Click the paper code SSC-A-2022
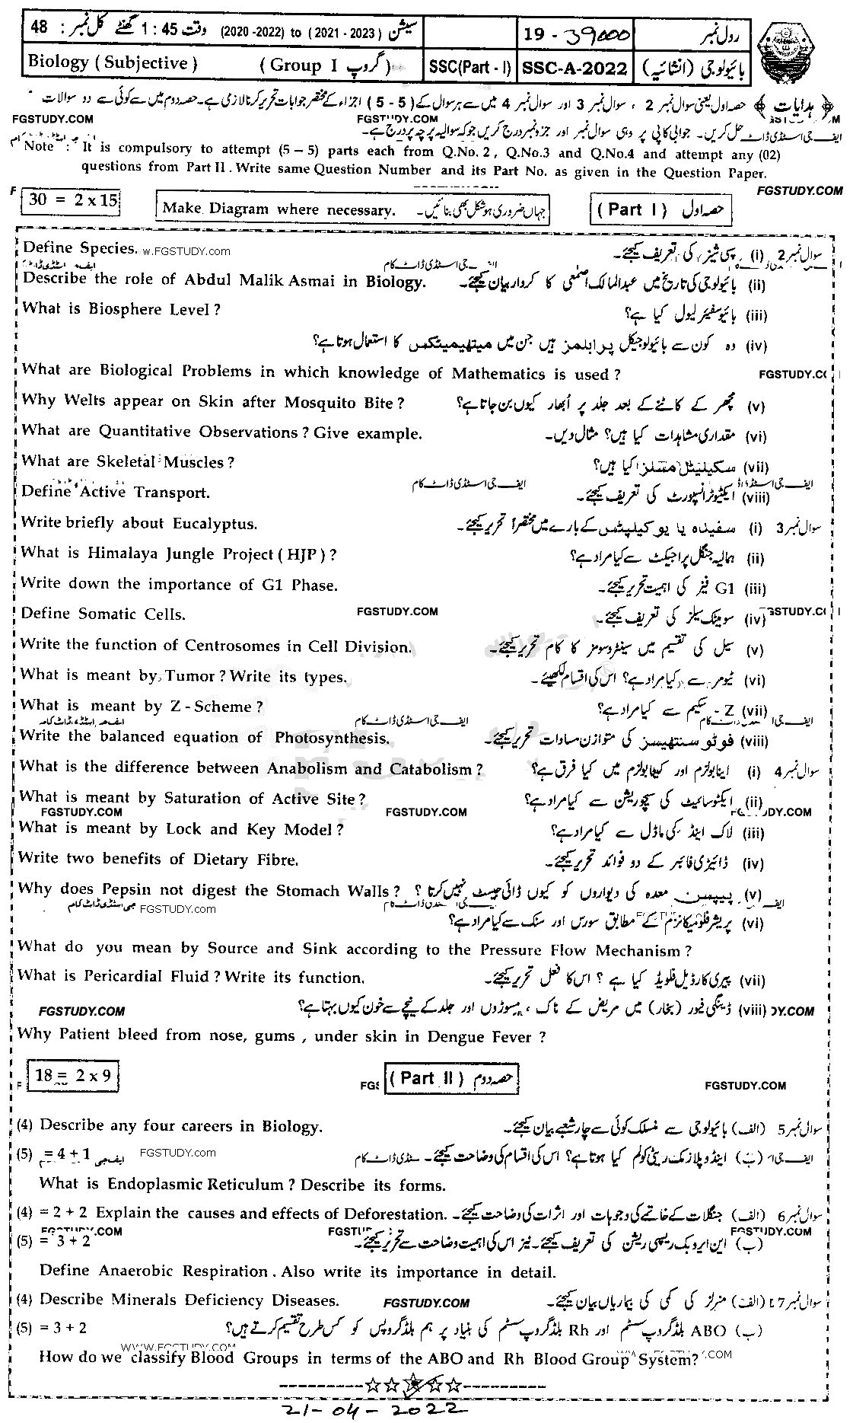(575, 68)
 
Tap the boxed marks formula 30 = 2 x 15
(73, 201)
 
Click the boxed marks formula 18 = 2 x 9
(73, 1075)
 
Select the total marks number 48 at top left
(39, 27)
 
